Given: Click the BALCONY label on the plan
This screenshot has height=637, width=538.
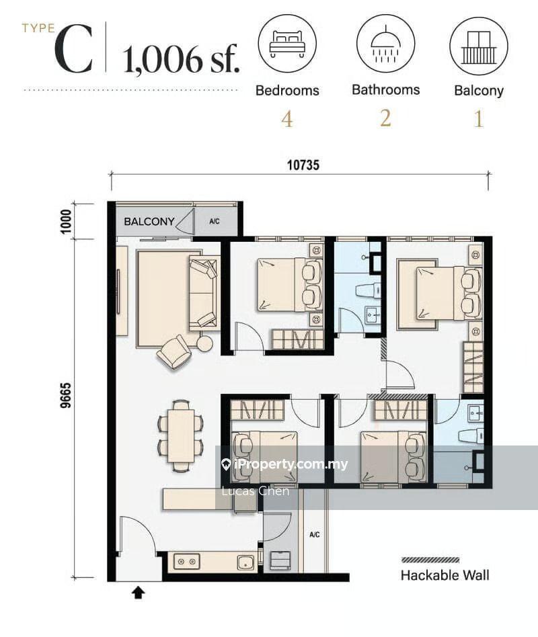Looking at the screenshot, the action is point(149,222).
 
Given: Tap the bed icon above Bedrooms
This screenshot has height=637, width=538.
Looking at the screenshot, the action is point(287,44).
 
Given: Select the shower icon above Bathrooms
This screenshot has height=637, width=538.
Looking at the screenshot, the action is point(385,44).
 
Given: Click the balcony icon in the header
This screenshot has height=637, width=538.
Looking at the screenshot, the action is point(479,46).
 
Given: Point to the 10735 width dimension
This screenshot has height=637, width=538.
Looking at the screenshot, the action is point(303,165).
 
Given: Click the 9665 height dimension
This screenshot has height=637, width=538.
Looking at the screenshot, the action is point(66,395).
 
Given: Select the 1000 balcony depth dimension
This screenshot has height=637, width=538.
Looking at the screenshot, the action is point(66,222).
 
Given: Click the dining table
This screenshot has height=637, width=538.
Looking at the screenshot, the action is point(181,435).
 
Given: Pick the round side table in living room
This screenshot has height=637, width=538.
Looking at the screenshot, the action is point(205,343).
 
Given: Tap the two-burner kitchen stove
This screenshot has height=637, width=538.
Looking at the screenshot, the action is point(187,562).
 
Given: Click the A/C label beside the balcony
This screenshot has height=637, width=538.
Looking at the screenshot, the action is point(215,222).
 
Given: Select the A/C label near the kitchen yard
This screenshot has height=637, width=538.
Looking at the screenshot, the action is point(314,535).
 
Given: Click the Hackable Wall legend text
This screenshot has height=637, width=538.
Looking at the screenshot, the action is point(445,575).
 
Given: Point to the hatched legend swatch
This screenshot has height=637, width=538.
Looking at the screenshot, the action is point(430,560).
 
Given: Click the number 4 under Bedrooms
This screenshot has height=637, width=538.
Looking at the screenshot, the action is point(287,120).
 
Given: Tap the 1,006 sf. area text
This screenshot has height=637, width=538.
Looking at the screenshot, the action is point(181,59).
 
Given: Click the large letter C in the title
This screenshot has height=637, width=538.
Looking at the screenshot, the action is point(74,50).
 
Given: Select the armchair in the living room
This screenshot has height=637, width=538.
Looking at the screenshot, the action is point(174,352).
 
